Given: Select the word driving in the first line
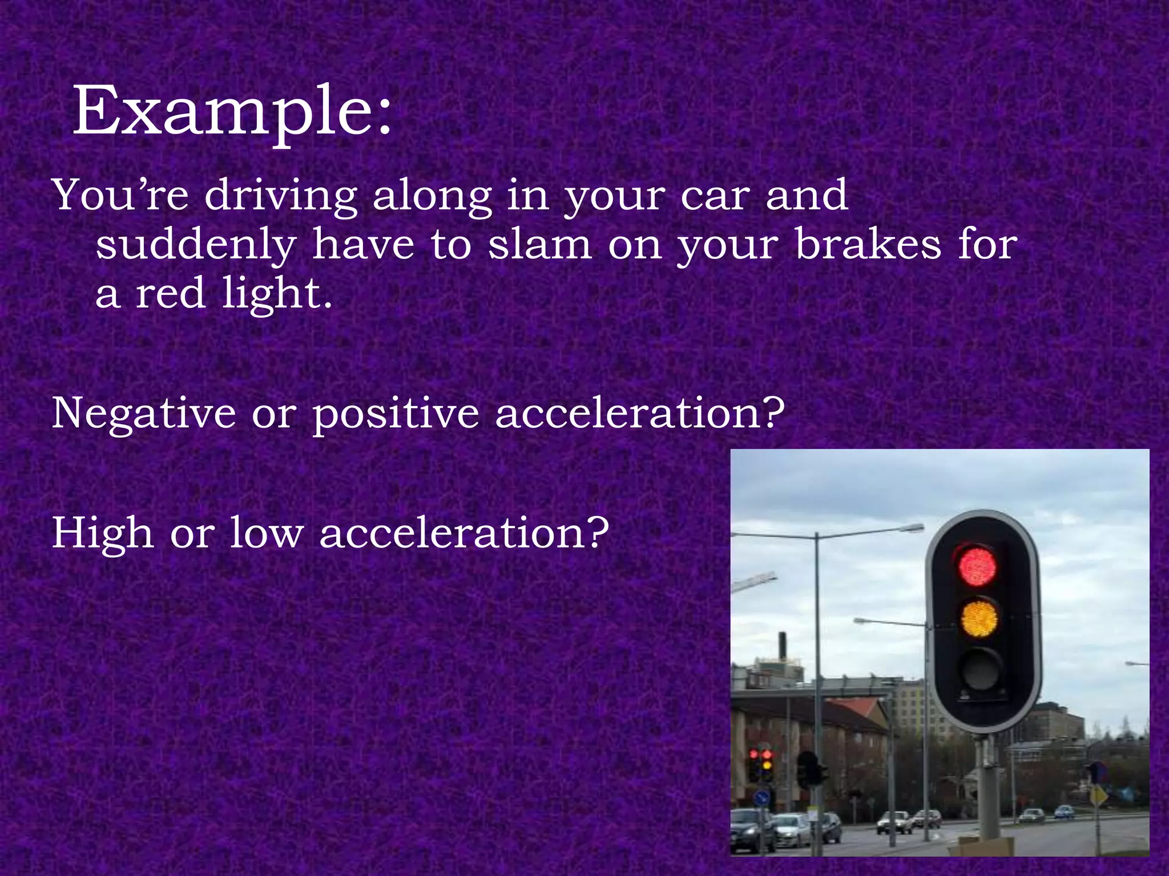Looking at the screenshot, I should tap(280, 196).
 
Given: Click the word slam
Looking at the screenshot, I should tap(540, 245).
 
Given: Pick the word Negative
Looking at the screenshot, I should tap(143, 413).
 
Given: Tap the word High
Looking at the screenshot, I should tap(103, 533).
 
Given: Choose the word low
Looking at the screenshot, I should tap(266, 533).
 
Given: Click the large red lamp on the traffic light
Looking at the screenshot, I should tap(977, 566).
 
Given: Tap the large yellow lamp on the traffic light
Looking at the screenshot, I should tap(979, 618).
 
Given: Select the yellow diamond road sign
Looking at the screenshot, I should tap(1098, 795).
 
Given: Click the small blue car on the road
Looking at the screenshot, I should tap(1064, 811).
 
